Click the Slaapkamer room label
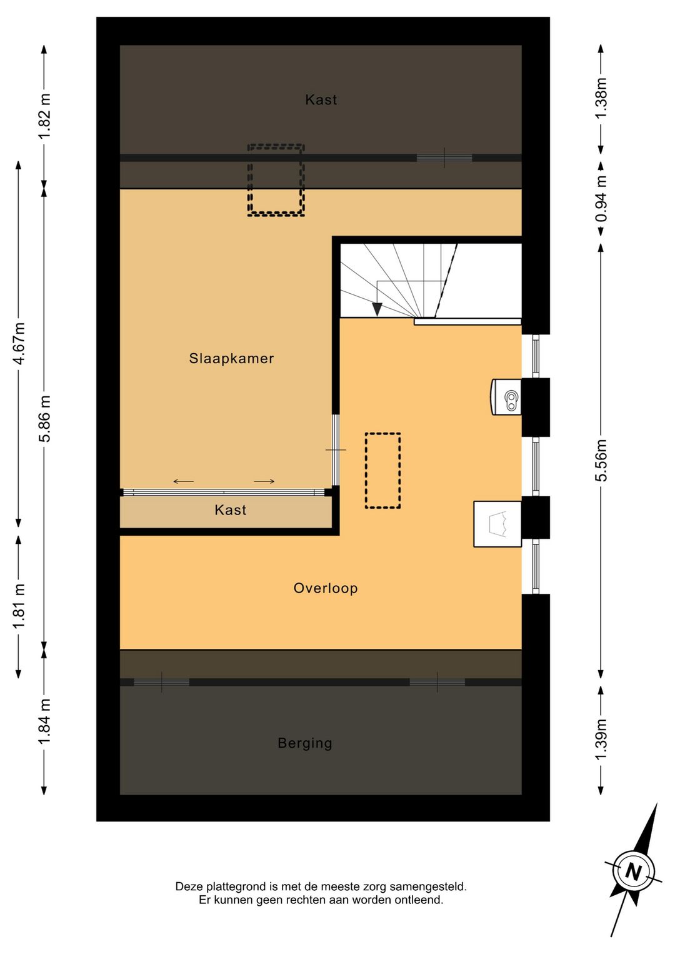[231, 359]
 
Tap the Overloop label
[326, 588]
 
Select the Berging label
[305, 743]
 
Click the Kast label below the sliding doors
[231, 510]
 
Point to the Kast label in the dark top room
[321, 99]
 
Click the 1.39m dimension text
[601, 739]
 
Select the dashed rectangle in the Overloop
[383, 471]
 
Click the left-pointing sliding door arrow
[184, 481]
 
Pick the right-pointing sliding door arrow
[264, 481]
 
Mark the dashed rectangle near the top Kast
[276, 180]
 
